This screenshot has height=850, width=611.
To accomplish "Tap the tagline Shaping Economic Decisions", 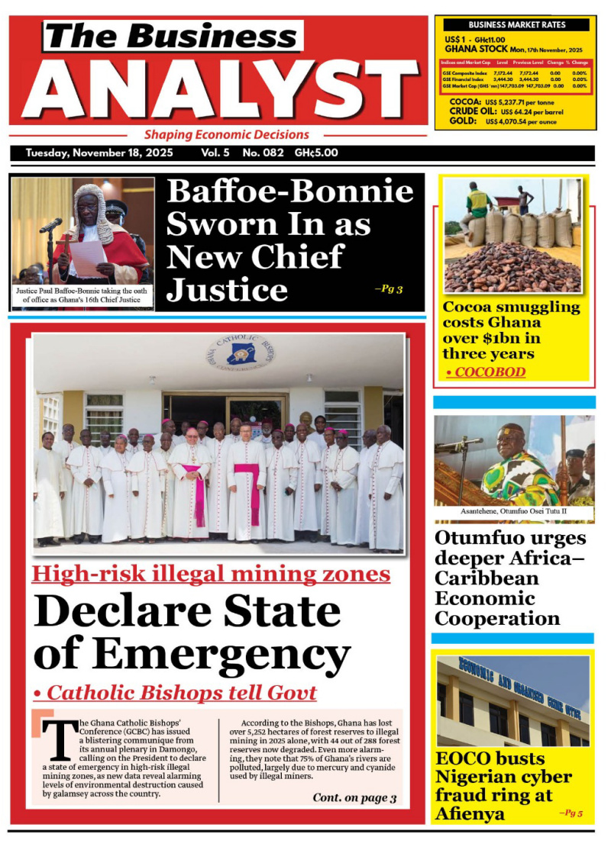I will coord(227,135).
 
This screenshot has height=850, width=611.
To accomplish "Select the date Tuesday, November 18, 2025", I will coord(99,153).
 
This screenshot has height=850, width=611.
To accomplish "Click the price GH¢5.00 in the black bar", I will coord(316,153).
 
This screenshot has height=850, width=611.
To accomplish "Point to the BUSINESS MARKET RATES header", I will coord(516,25).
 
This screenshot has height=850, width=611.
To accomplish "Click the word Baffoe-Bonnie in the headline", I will coord(290,191).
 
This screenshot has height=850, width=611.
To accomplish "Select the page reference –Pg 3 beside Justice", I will coord(388,289).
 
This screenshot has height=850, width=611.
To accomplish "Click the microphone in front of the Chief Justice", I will coord(51,225).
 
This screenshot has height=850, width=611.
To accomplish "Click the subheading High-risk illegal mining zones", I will coord(211,574).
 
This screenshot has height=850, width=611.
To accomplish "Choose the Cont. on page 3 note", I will coord(354,798).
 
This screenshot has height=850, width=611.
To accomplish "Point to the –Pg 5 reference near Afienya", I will coord(571,813).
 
